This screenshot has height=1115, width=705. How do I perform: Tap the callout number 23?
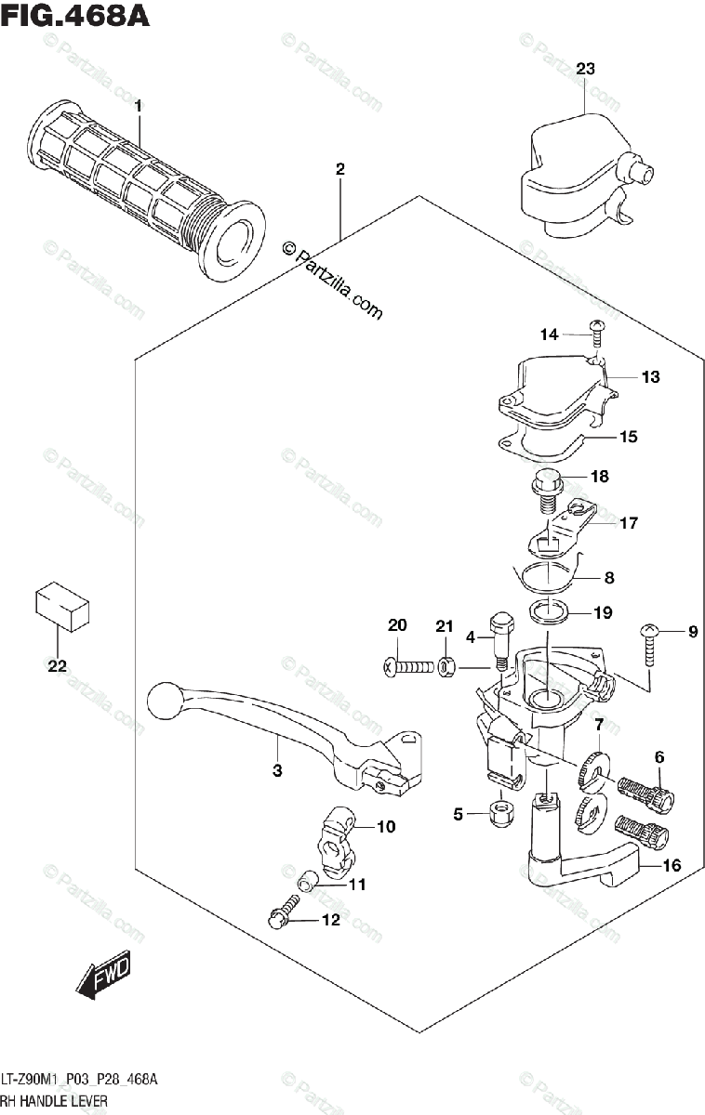585,68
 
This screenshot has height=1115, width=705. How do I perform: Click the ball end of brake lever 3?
162,701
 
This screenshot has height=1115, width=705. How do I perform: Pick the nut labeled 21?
445,667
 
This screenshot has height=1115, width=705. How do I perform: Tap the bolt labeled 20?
408,666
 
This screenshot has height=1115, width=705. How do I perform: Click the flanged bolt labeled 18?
547,492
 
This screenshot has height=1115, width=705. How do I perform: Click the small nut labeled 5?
500,814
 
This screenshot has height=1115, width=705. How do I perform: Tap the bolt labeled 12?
283,911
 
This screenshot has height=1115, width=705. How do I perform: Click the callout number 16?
672,865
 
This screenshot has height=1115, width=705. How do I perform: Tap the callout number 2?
339,169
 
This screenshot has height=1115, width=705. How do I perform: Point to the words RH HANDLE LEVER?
54,1100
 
